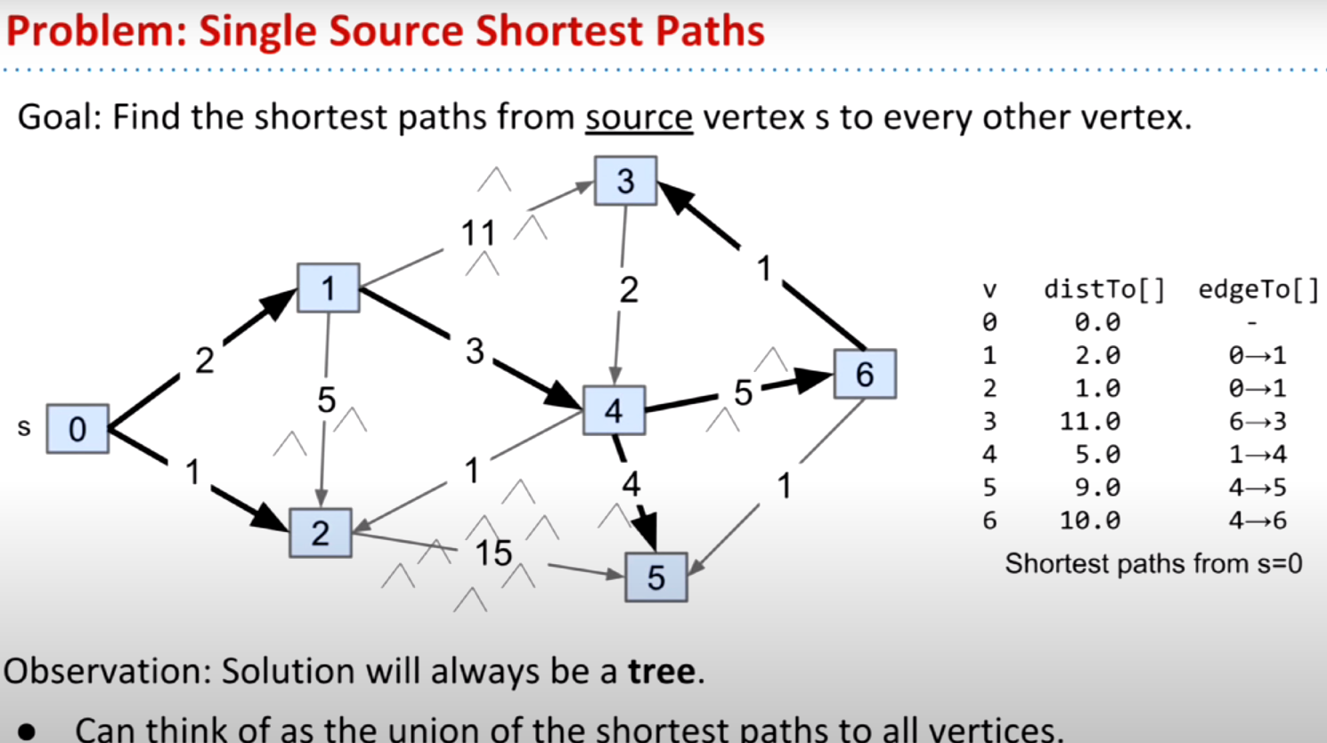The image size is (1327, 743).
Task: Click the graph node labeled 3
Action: tap(625, 181)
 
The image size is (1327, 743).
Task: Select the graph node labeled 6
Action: tap(865, 374)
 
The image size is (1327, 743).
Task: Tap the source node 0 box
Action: tap(77, 429)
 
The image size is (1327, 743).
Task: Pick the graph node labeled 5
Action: tap(656, 577)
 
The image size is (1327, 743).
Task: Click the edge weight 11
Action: tap(478, 232)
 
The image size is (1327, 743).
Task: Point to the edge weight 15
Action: tap(493, 553)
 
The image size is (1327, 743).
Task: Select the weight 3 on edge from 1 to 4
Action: tap(475, 351)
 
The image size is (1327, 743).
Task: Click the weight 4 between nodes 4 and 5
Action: tap(631, 484)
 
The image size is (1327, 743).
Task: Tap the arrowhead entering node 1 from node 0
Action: tap(279, 303)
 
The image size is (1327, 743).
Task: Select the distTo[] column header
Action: tap(1104, 290)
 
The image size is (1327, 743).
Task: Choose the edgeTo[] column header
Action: tap(1258, 290)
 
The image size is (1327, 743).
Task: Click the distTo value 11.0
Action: tap(1090, 422)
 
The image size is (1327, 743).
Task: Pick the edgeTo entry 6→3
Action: tap(1258, 422)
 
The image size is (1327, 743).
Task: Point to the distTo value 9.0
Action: tap(1098, 488)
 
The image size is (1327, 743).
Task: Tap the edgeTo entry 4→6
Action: tap(1258, 521)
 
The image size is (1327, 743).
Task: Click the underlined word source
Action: tap(639, 117)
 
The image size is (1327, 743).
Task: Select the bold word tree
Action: tap(662, 671)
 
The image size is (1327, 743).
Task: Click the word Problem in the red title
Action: tap(96, 31)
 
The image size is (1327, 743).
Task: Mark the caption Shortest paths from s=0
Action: tap(1153, 563)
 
